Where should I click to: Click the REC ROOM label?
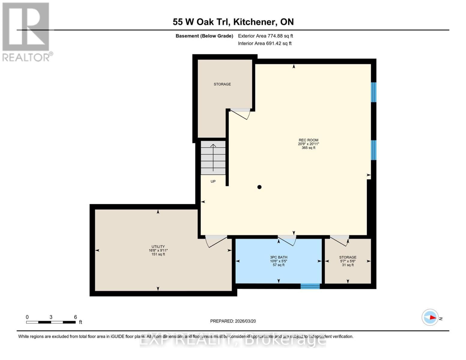point(308,140)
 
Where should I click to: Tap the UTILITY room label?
point(158,247)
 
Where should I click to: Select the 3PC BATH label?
point(279,257)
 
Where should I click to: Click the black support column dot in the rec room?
point(260,187)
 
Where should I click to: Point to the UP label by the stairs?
point(213,181)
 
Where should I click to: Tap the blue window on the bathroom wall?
point(310,286)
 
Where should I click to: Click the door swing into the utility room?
point(215,241)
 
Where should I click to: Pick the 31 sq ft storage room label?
point(348,261)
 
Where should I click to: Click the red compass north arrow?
point(432,317)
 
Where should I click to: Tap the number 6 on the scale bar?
point(76,317)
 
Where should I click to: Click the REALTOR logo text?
point(26,57)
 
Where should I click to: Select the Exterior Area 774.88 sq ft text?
point(265,36)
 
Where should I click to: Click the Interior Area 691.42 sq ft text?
point(265,43)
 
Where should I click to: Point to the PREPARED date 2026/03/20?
point(233,321)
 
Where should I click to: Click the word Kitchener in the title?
point(255,22)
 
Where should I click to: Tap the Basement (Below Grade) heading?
point(204,36)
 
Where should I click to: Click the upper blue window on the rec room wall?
point(374,92)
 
